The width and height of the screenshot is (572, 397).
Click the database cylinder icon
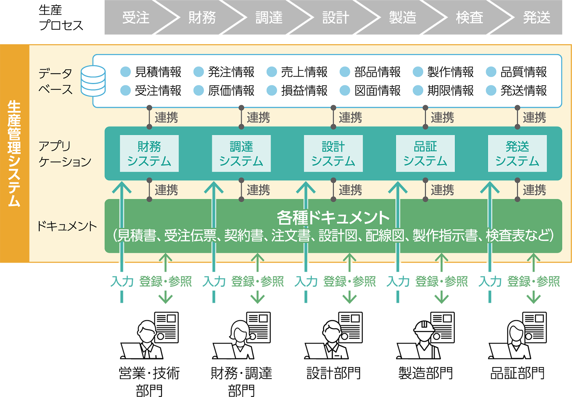tap(93, 81)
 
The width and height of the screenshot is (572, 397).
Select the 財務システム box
tap(149, 154)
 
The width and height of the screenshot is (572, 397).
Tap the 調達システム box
tap(241, 154)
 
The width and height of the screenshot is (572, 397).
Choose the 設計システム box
tap(333, 154)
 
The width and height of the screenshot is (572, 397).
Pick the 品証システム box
tap(425, 154)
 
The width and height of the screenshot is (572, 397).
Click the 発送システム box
tap(517, 154)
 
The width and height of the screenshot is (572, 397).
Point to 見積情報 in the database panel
tap(158, 72)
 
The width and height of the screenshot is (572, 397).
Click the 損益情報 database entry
tap(304, 91)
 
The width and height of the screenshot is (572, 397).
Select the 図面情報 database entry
tap(377, 91)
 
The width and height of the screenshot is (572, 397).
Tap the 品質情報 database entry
tap(523, 72)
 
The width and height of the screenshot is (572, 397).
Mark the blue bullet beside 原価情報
tap(199, 91)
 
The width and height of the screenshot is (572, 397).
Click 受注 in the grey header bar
tap(136, 18)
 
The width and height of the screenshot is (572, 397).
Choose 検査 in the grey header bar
tap(470, 18)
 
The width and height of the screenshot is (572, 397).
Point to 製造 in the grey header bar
tap(403, 18)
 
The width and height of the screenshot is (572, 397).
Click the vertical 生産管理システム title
tap(14, 154)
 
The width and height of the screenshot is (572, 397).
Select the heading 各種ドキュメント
tap(333, 217)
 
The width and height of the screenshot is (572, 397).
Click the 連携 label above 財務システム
tap(166, 118)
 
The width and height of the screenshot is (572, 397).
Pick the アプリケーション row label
tap(64, 154)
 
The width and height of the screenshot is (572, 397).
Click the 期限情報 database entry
tap(450, 91)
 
